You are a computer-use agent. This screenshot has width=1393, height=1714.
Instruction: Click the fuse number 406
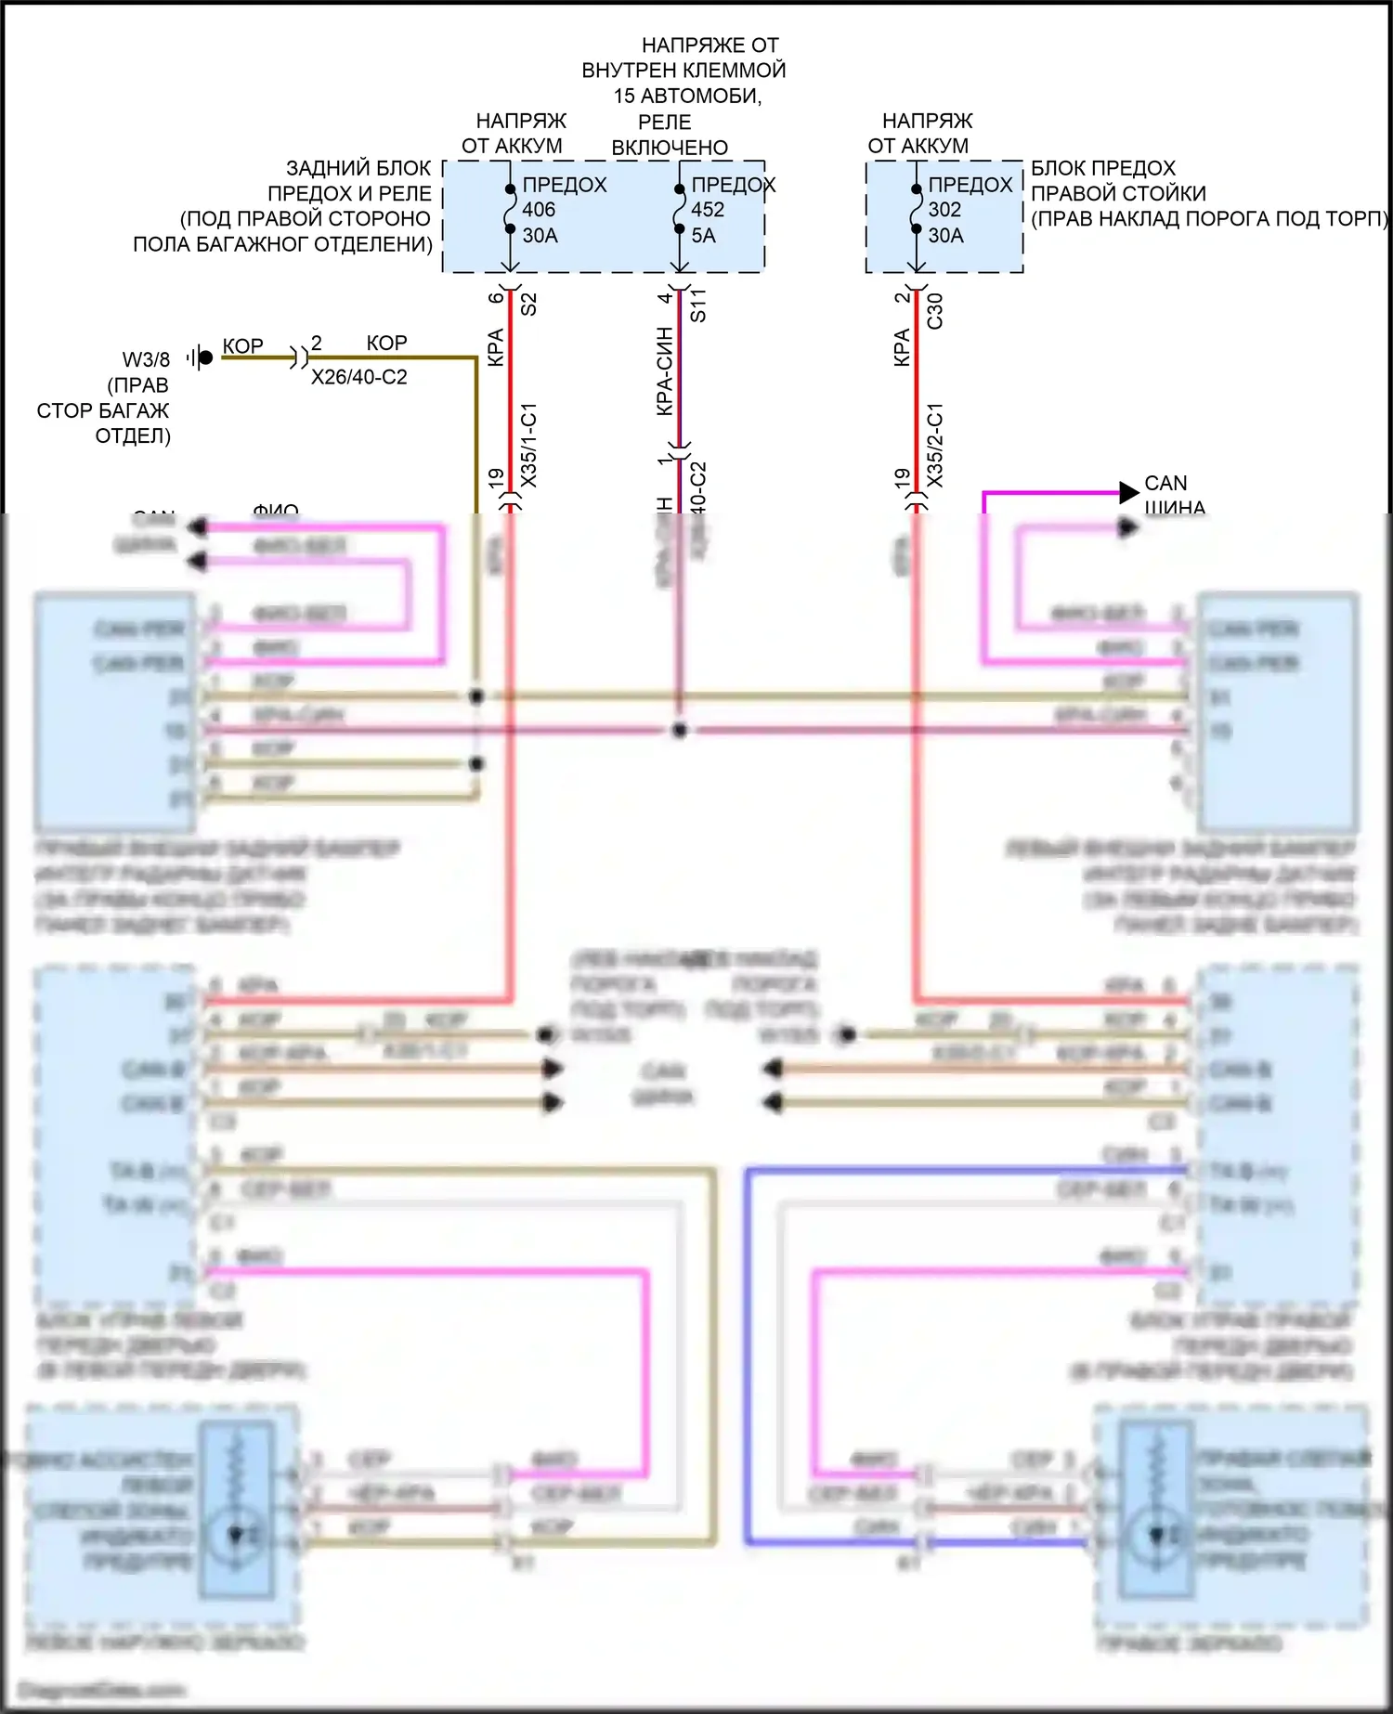click(x=539, y=210)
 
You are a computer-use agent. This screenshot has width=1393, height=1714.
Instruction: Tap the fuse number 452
click(x=708, y=210)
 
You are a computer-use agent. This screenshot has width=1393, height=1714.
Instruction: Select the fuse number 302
click(x=944, y=210)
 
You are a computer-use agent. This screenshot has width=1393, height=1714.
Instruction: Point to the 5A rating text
click(x=703, y=236)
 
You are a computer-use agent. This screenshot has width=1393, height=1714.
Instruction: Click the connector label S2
click(x=528, y=304)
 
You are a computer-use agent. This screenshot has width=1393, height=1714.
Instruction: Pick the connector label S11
click(x=698, y=305)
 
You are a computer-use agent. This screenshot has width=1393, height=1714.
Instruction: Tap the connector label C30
click(x=935, y=310)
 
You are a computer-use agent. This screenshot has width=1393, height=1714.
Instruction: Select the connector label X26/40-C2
click(x=358, y=378)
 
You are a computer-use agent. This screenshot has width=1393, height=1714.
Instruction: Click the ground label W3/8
click(x=146, y=359)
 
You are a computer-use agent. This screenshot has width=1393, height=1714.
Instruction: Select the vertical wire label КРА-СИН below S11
click(x=664, y=370)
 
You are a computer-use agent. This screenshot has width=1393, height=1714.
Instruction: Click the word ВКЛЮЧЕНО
click(x=669, y=148)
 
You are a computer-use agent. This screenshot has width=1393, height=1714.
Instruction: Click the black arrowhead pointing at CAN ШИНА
click(x=1128, y=492)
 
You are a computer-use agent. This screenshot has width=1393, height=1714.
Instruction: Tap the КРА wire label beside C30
click(x=901, y=347)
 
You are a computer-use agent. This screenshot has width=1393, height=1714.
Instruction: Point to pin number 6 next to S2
click(x=495, y=297)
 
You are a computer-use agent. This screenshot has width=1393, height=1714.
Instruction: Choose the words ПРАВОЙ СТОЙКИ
click(x=1118, y=193)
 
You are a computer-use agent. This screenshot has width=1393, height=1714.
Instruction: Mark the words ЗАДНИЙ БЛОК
click(x=358, y=168)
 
